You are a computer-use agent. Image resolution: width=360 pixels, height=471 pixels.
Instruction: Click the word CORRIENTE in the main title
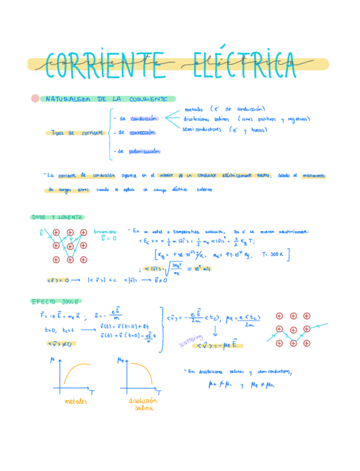tap(106, 64)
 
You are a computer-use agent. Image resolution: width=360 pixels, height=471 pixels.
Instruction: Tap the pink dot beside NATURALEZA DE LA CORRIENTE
tap(36, 99)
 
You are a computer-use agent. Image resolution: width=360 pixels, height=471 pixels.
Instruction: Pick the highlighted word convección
tap(142, 133)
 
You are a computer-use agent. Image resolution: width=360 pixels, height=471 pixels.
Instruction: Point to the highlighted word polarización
tap(144, 151)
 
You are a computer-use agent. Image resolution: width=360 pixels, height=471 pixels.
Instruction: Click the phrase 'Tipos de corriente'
tap(76, 133)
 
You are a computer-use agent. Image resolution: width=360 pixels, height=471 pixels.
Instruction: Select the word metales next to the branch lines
tap(194, 109)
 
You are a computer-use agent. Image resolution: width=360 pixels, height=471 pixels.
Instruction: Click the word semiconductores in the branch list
tap(202, 129)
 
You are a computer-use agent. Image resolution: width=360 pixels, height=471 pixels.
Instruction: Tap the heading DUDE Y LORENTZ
tap(57, 217)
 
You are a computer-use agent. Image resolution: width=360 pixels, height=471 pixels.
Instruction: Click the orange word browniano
tap(106, 232)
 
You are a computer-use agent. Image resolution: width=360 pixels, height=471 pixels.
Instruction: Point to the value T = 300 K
tap(276, 255)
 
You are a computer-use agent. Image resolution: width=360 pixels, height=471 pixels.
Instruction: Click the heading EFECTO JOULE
tap(56, 301)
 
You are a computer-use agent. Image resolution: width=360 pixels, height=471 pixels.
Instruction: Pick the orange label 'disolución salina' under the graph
tap(143, 404)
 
